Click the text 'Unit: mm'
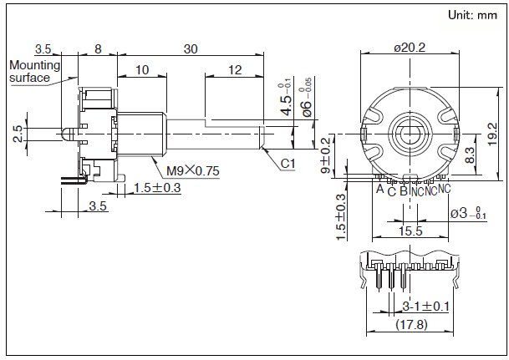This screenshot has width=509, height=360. [x=472, y=15]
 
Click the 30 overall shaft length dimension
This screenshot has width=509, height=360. [x=191, y=49]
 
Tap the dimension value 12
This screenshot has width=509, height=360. [x=235, y=70]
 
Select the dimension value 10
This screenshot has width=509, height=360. [x=141, y=70]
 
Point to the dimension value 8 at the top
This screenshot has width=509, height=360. [x=98, y=49]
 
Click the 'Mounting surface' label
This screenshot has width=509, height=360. [x=34, y=71]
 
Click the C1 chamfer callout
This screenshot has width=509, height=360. [x=287, y=164]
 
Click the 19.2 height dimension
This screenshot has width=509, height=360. [x=492, y=132]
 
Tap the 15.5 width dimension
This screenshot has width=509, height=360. [x=410, y=231]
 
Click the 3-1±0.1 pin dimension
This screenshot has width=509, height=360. [x=425, y=306]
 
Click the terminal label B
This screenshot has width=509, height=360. [x=404, y=190]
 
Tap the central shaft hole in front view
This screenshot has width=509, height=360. [x=410, y=134]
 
